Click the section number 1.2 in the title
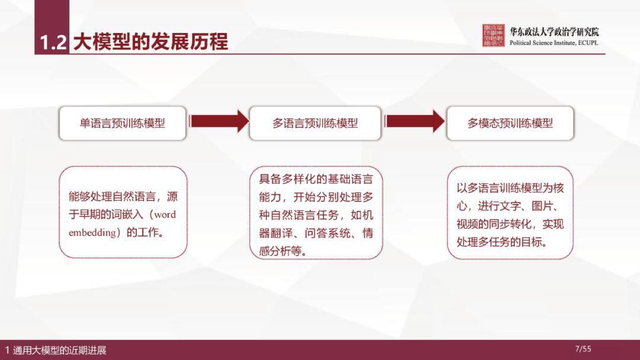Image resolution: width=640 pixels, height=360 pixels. [53, 43]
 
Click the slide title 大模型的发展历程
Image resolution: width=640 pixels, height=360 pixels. [150, 42]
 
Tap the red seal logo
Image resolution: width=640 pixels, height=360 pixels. [493, 35]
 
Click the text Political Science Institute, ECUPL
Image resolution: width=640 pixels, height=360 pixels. [553, 43]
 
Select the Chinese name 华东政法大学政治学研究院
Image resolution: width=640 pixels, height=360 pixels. [554, 31]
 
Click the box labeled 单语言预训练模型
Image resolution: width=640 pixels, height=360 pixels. [122, 123]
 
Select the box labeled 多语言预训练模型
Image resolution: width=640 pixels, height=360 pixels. [315, 123]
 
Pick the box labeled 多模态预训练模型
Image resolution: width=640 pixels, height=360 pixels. [510, 123]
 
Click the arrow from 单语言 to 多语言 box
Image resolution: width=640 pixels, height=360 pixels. [218, 121]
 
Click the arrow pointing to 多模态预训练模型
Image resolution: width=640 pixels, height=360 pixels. [414, 121]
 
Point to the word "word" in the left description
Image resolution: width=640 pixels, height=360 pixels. [165, 214]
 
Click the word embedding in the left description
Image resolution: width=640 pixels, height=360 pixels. [92, 232]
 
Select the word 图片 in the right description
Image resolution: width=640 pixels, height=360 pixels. [542, 205]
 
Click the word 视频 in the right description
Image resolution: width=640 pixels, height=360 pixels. [467, 224]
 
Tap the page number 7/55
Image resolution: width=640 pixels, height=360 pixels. [583, 349]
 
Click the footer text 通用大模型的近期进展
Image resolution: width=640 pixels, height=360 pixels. [59, 350]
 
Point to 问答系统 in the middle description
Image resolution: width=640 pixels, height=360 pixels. [327, 233]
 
